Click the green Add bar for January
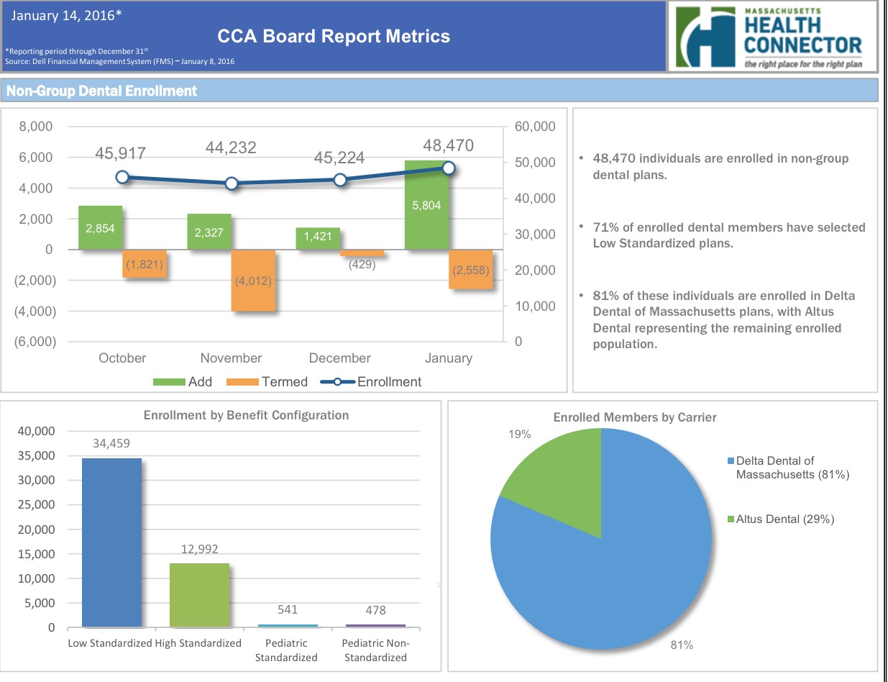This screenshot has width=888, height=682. (x=427, y=205)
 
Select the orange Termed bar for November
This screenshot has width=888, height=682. (x=253, y=281)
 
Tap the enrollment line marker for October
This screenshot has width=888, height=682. (x=122, y=177)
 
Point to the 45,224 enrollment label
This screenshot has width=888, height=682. (x=339, y=158)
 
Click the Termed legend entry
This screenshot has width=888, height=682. (x=267, y=382)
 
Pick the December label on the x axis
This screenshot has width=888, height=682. (x=339, y=358)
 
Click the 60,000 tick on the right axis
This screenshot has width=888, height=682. (x=536, y=127)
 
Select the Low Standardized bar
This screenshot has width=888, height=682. (x=111, y=542)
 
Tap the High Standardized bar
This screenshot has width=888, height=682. (x=199, y=595)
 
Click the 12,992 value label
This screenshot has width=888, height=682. (x=199, y=548)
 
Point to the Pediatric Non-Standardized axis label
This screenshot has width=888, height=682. (x=375, y=650)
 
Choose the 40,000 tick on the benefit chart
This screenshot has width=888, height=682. (x=36, y=431)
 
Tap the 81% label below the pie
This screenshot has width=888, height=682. (x=682, y=645)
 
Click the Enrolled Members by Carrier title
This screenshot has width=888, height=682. (x=634, y=417)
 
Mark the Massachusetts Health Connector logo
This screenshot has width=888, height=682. (x=773, y=36)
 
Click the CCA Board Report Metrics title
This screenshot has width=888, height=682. (x=334, y=37)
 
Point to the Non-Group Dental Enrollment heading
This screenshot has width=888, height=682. (x=101, y=91)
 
